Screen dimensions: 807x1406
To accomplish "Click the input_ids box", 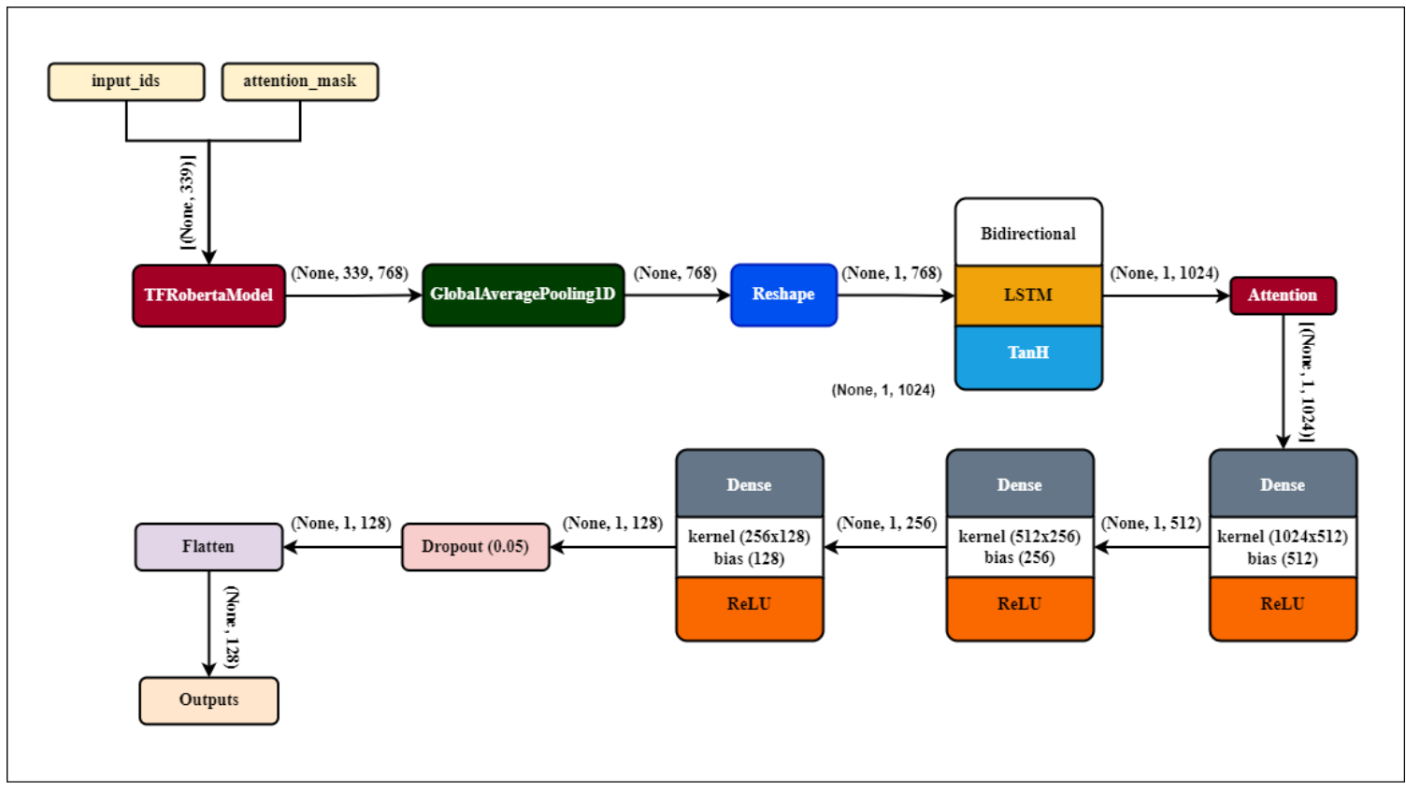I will tap(126, 81).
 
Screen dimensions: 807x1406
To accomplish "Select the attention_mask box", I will tap(300, 81).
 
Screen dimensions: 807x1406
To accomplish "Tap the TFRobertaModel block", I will tap(208, 295).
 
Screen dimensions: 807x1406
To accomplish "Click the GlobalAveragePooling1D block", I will tap(523, 295).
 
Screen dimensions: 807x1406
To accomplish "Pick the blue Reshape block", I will tap(783, 295).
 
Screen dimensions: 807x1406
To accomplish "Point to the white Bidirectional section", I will tap(1027, 233).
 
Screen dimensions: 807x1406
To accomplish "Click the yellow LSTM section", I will tap(1027, 295).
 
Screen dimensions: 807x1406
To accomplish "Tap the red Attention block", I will tap(1282, 295).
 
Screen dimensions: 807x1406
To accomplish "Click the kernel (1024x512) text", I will tap(1282, 537).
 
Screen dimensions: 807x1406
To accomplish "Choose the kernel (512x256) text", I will tap(1019, 537).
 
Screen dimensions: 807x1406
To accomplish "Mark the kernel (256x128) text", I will tap(749, 537).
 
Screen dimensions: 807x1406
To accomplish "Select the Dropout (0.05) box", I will tap(475, 547).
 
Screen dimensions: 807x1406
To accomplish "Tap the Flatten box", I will tap(208, 547).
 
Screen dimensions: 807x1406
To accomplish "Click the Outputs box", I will tap(208, 700).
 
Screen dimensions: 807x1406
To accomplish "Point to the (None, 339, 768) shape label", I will tap(350, 273).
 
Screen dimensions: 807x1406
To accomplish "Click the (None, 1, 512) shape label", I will tap(1151, 524).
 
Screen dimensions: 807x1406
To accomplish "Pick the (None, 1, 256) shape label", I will tap(886, 524).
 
